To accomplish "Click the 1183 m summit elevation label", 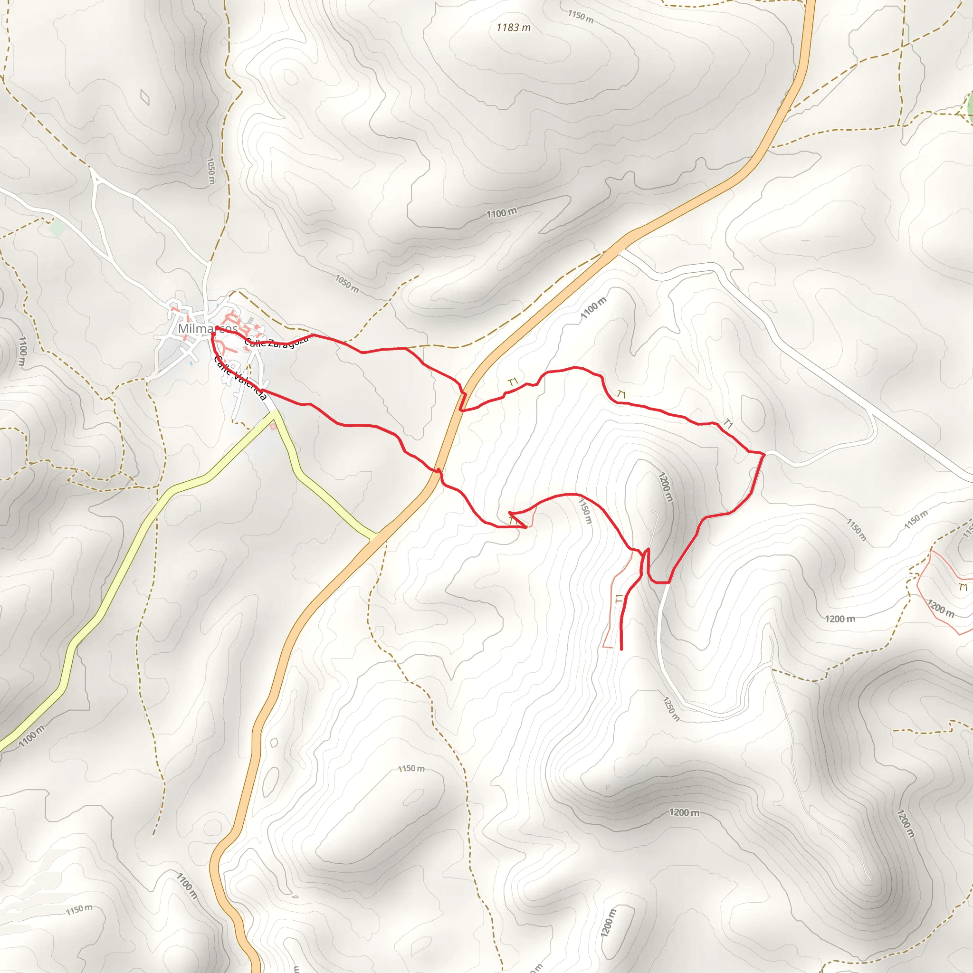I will click(513, 27).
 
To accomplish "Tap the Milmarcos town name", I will click(207, 329).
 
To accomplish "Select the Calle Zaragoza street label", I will click(276, 343).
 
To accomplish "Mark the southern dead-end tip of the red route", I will click(622, 649).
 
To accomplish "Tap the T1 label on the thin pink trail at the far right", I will click(963, 587).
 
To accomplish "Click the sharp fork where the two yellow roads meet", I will click(275, 414).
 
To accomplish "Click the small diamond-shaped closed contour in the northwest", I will click(145, 97).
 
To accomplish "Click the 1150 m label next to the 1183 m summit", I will click(581, 17).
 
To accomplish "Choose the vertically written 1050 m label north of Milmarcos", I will click(211, 171).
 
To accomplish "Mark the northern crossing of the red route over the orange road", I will click(463, 399).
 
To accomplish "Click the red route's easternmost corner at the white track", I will click(764, 454).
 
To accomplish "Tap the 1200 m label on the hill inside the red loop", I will click(665, 486).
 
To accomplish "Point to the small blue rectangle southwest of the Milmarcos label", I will click(191, 363).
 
